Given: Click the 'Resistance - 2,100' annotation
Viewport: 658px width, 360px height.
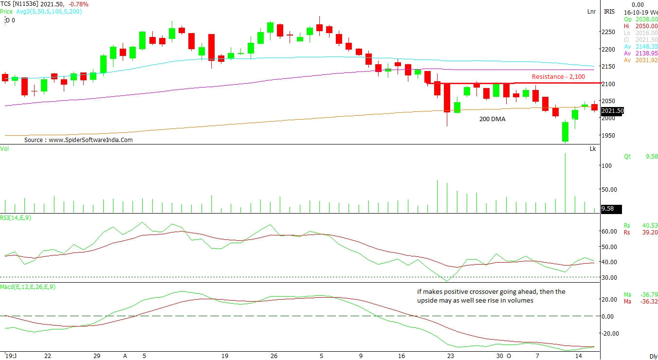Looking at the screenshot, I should (x=558, y=77).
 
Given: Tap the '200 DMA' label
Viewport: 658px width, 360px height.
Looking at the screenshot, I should (x=492, y=119).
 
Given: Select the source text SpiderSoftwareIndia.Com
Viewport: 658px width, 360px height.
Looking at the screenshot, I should (x=78, y=140).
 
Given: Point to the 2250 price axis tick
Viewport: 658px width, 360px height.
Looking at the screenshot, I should (x=608, y=32).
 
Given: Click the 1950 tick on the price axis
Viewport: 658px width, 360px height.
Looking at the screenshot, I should (x=608, y=136).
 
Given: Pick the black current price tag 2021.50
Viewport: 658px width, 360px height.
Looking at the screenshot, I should (x=612, y=111).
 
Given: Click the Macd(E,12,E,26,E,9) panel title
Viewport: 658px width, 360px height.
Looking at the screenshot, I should (x=28, y=287).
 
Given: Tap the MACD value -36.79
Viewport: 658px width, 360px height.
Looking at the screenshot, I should (x=650, y=295).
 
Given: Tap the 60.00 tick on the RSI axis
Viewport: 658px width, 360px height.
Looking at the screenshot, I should (x=608, y=232).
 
